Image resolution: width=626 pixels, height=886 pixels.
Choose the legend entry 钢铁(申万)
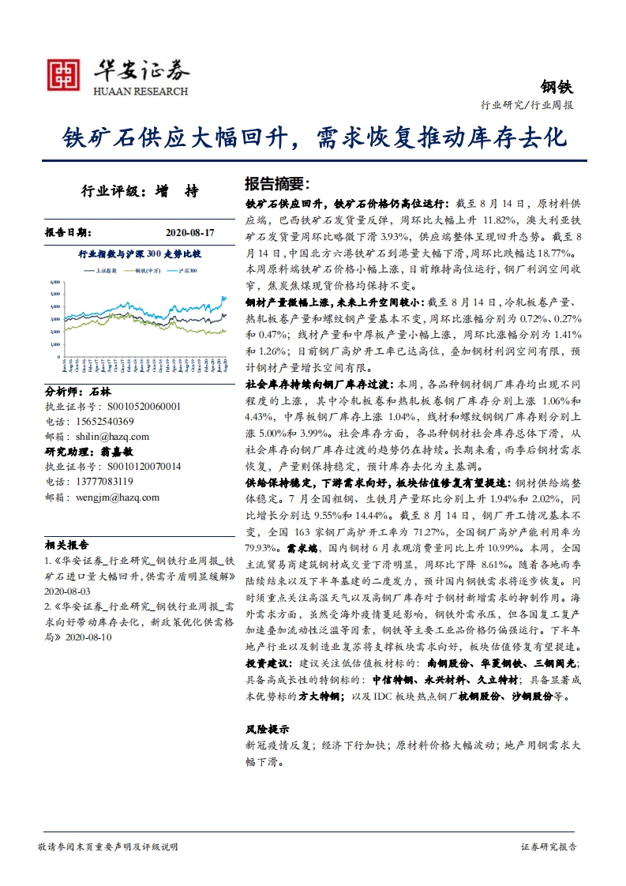[148, 270]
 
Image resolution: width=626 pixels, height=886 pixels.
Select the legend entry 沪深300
[188, 270]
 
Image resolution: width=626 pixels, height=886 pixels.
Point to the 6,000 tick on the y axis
[54, 281]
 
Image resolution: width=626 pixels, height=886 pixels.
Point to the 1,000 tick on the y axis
[54, 344]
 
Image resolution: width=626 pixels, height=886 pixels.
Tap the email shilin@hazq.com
[107, 436]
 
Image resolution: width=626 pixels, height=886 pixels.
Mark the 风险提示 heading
[268, 729]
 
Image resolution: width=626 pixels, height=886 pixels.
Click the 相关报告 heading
[67, 545]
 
